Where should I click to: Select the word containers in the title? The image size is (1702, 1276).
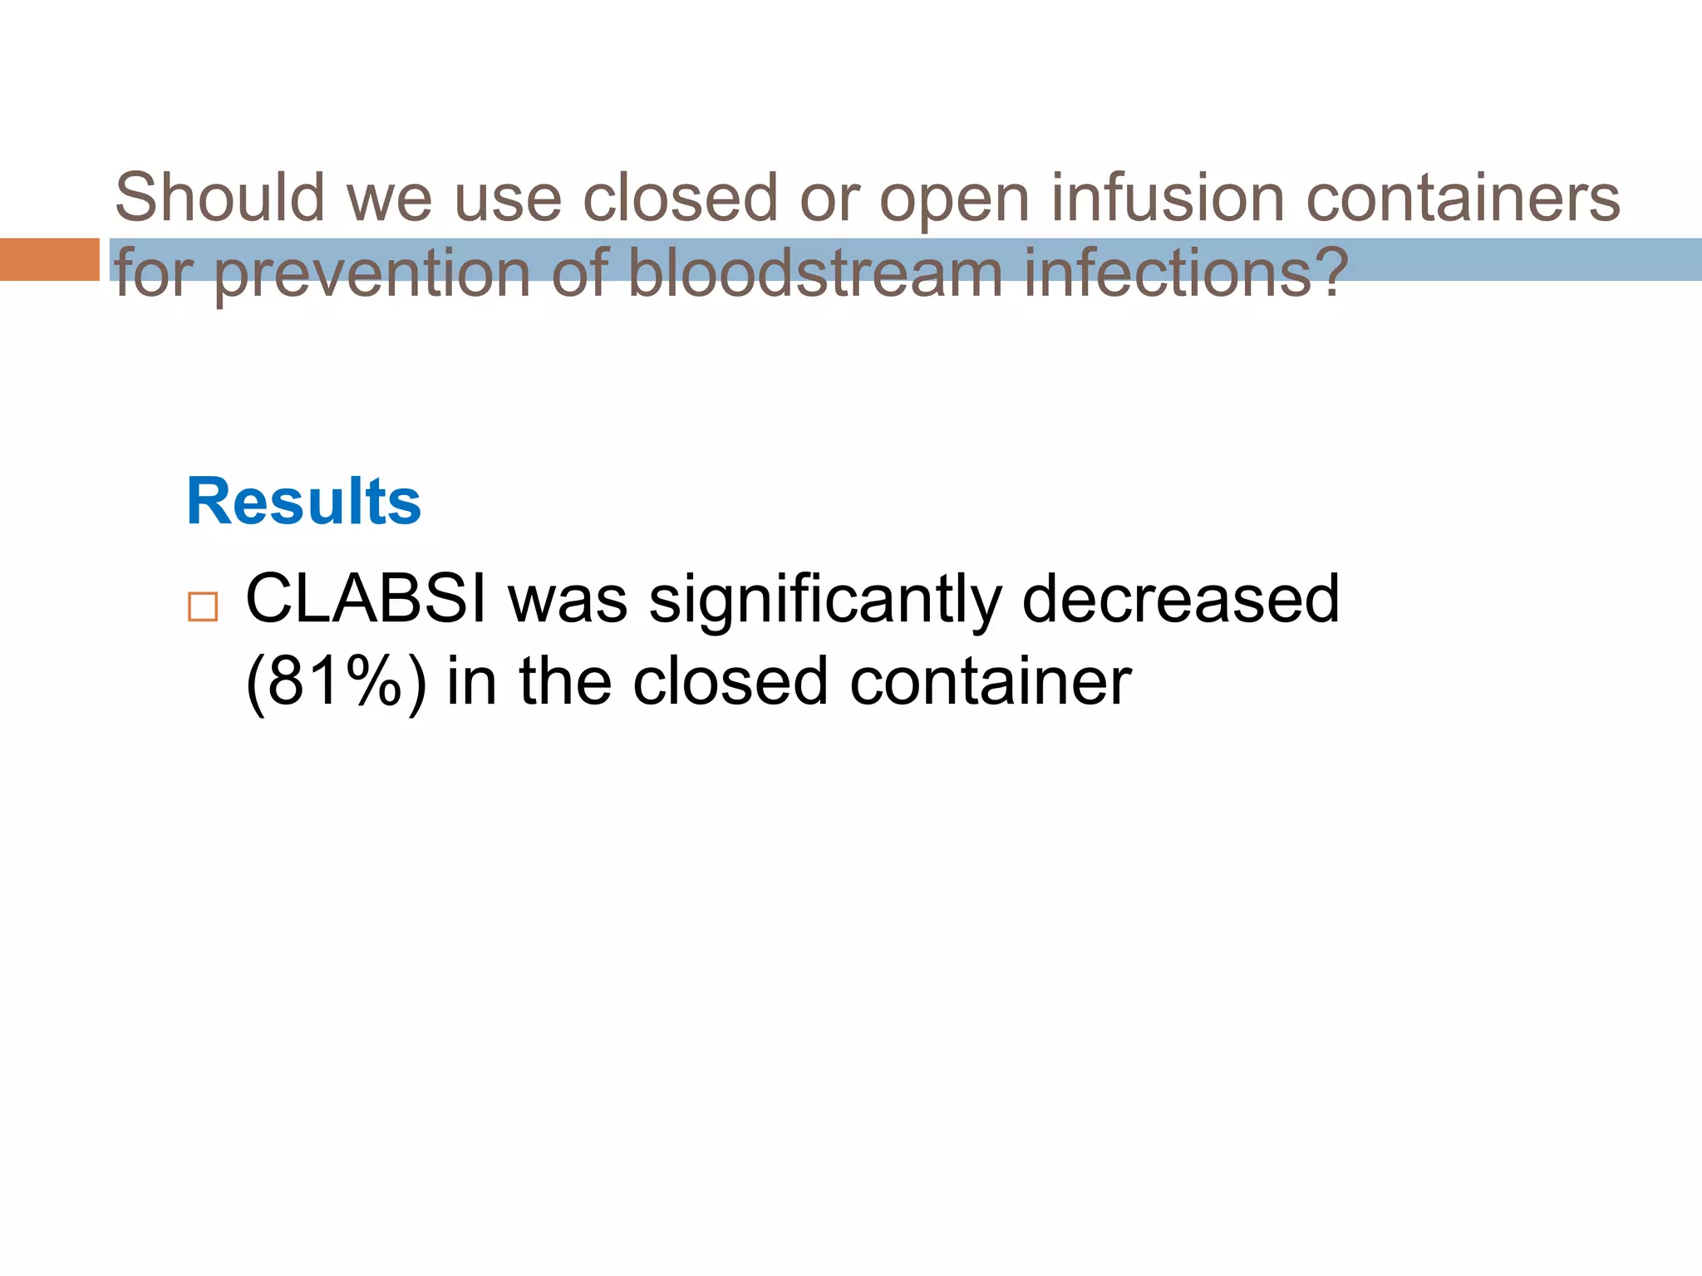tap(1463, 198)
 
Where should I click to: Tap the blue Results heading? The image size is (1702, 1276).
tap(304, 502)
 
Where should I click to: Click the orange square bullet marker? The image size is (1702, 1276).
tap(203, 607)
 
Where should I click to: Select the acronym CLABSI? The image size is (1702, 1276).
tap(366, 599)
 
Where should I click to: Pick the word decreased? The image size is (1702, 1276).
tap(1180, 599)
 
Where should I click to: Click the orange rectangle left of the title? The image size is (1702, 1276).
tap(49, 259)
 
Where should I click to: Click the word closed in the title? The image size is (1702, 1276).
tap(680, 198)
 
